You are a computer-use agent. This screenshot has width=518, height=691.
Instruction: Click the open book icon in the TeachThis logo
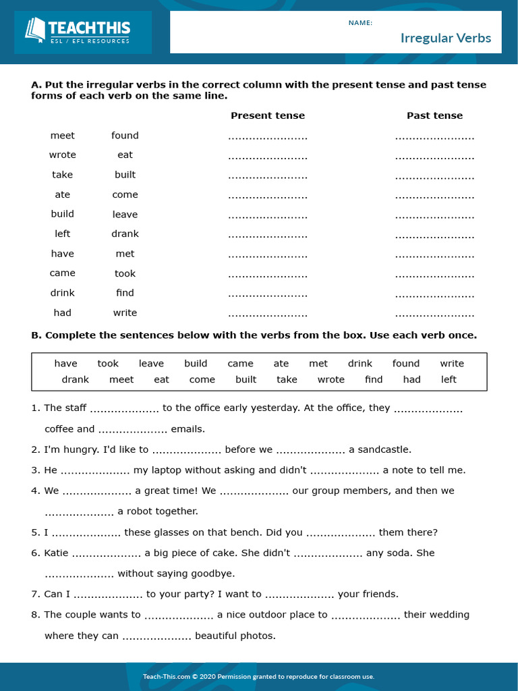point(35,30)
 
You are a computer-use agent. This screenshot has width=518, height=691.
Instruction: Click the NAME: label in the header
point(360,23)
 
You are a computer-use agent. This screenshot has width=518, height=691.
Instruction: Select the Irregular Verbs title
point(445,38)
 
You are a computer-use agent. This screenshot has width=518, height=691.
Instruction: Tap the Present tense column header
point(268,115)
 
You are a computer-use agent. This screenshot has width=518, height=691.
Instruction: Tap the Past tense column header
point(434,115)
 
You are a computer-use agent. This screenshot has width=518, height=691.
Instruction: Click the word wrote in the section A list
point(63,155)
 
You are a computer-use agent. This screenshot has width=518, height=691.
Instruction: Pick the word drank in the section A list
point(125,233)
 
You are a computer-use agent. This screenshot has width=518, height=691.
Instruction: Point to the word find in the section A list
point(125,293)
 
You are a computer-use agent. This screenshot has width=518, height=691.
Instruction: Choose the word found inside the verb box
point(406,363)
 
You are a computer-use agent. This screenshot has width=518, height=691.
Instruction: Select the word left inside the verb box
point(449,379)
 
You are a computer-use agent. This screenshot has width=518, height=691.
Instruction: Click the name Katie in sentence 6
point(56,553)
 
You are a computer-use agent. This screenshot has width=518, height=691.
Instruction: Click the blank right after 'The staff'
point(124,409)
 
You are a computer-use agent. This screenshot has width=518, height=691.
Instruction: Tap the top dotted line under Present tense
point(268,137)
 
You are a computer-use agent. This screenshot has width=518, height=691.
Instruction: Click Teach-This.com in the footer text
point(165,676)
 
